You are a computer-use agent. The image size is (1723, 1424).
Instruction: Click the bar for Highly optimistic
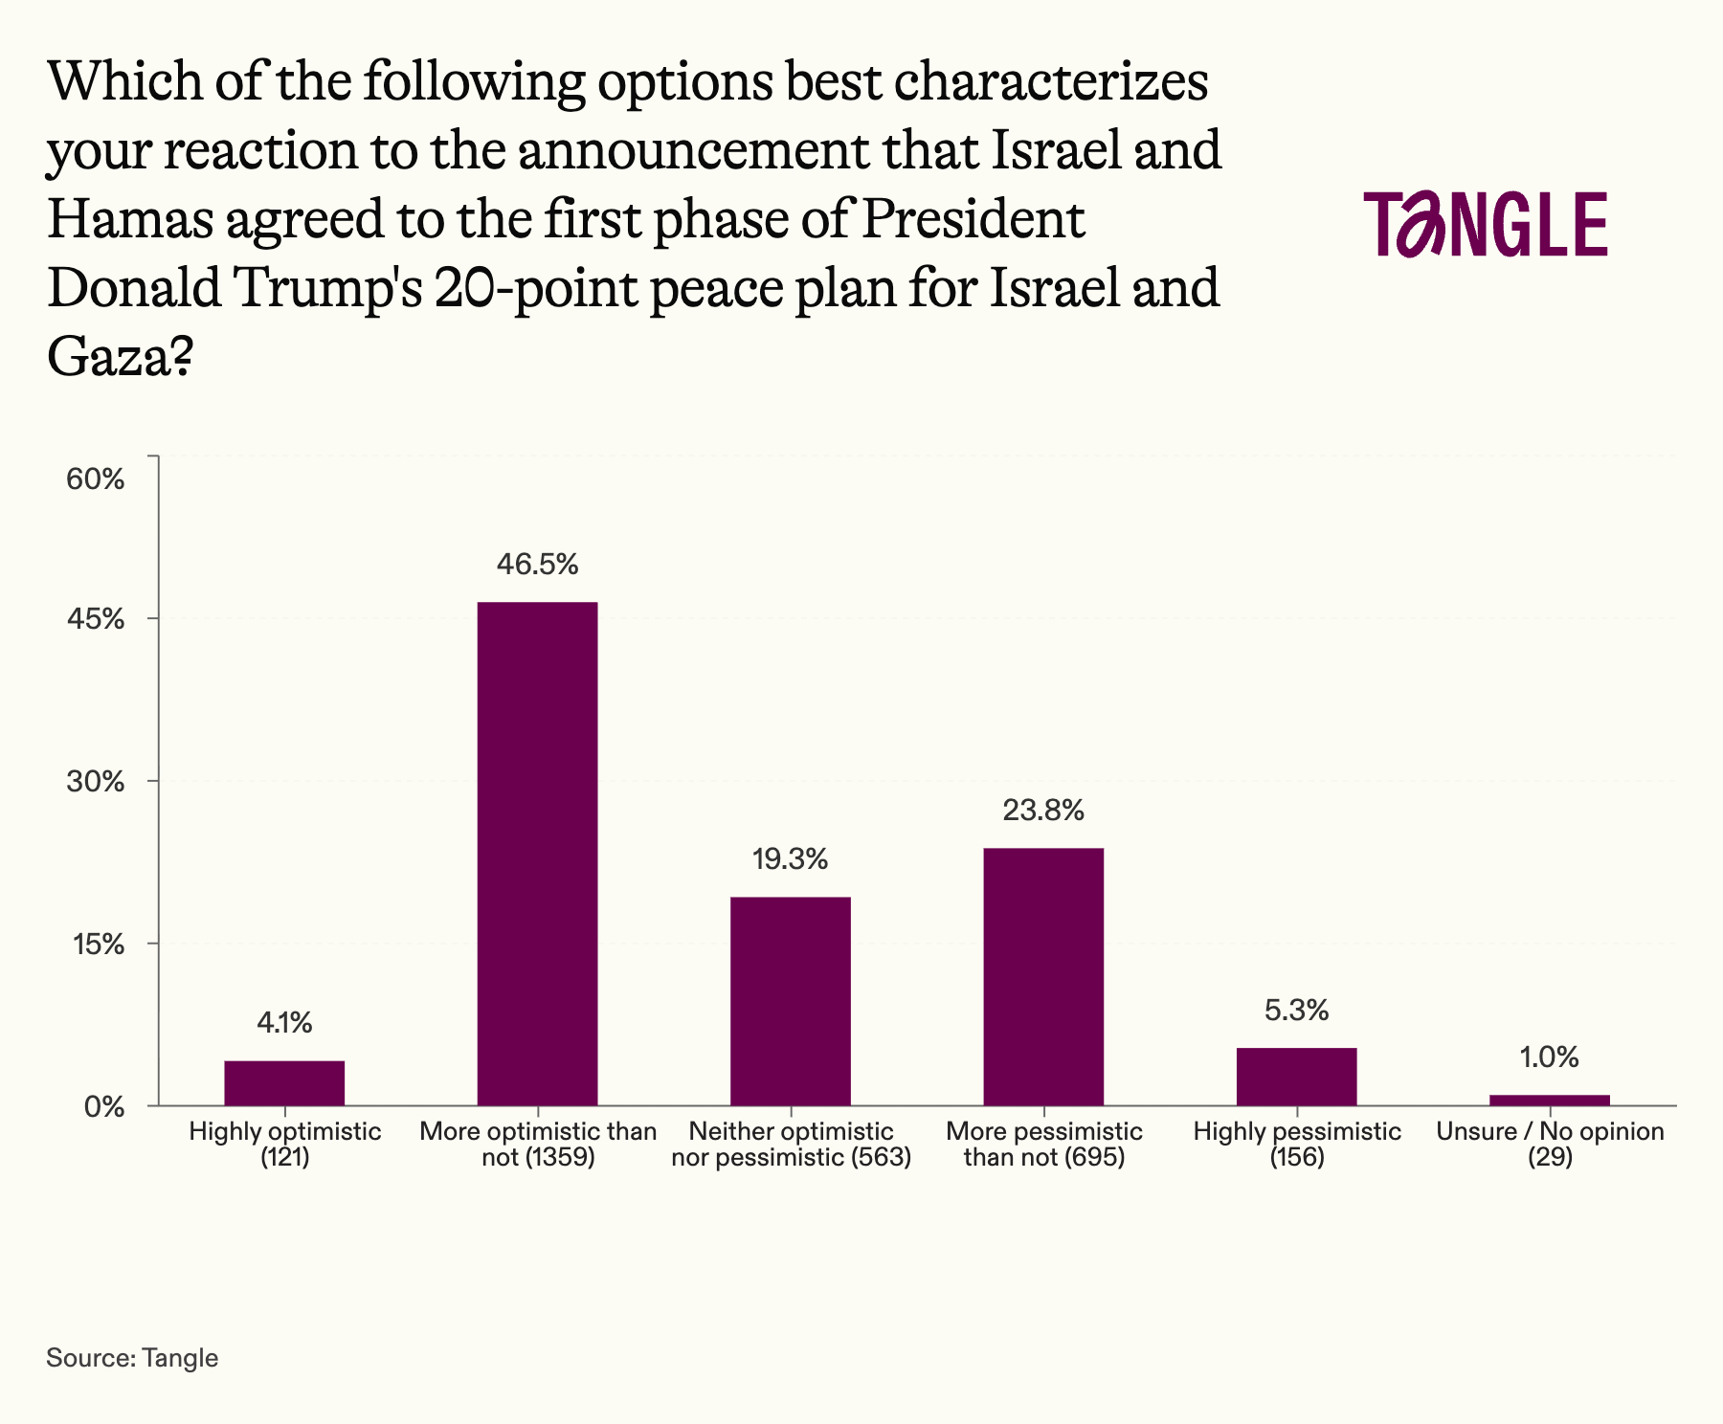click(x=284, y=1082)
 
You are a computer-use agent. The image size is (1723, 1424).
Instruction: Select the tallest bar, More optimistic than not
click(x=537, y=853)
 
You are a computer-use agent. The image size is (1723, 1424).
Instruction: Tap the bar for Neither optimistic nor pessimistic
click(x=790, y=1000)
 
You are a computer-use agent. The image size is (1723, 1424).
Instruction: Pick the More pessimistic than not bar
click(x=1043, y=976)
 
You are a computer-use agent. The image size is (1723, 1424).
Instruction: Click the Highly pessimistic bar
click(x=1296, y=1077)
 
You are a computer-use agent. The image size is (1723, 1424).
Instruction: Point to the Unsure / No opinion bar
click(x=1549, y=1100)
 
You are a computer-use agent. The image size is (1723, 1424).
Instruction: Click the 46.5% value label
click(x=537, y=565)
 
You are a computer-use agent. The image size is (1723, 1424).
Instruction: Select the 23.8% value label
click(x=1043, y=811)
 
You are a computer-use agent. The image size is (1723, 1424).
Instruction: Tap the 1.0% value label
click(x=1549, y=1057)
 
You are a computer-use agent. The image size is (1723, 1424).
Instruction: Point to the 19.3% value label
click(x=790, y=859)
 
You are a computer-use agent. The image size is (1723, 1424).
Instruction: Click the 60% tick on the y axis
click(x=95, y=479)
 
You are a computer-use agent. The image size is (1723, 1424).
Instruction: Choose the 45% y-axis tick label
click(x=95, y=619)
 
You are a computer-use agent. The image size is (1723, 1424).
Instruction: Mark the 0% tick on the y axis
click(x=103, y=1107)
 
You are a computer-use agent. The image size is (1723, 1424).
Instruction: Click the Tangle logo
click(x=1486, y=224)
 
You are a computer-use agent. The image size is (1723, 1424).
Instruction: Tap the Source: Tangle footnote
click(x=132, y=1357)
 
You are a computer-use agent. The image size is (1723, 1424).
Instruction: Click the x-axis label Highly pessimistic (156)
click(x=1296, y=1145)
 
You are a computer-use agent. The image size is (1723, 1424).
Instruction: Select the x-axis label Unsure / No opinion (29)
click(x=1549, y=1145)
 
